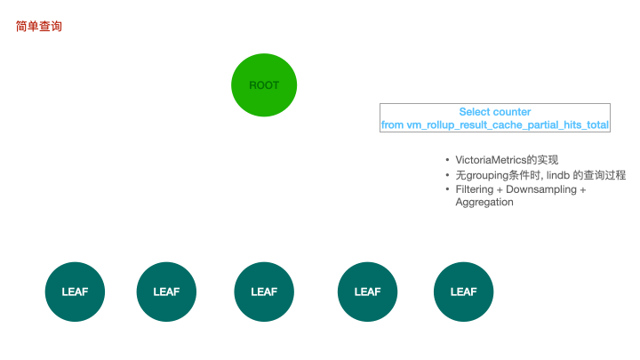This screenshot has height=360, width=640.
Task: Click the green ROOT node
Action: [264, 85]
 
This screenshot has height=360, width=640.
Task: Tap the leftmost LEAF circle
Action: [75, 292]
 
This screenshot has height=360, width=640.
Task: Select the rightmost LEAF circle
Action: [463, 292]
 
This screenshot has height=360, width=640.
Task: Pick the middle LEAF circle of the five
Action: [264, 292]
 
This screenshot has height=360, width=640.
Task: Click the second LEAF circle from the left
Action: [166, 292]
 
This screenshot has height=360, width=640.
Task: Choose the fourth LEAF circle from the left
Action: [367, 292]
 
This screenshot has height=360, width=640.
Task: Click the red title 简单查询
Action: [39, 27]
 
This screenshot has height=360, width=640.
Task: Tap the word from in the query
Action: [392, 125]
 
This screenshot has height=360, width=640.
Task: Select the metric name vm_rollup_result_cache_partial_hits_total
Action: [508, 125]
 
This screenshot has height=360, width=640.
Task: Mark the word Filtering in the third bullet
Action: [476, 189]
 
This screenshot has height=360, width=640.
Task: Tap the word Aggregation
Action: [484, 202]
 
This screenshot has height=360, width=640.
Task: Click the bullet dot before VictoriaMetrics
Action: [447, 159]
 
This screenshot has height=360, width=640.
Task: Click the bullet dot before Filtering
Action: [447, 189]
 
